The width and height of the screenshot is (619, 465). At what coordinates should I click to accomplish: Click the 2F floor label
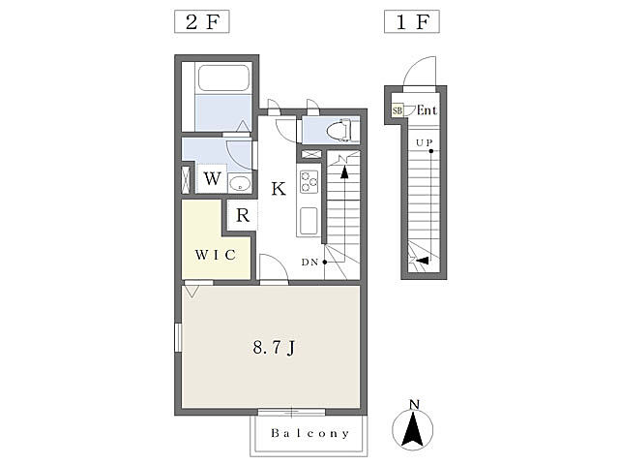(x=202, y=21)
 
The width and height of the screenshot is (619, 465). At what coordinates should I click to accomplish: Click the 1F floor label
(x=412, y=21)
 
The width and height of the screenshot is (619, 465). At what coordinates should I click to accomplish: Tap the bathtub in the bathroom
(x=223, y=77)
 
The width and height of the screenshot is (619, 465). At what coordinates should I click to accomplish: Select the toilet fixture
(x=339, y=130)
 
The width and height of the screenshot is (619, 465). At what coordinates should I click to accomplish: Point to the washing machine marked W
(x=212, y=178)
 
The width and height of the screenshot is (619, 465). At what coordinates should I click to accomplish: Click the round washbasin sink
(x=239, y=183)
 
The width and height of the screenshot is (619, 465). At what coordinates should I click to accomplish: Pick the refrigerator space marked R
(x=243, y=215)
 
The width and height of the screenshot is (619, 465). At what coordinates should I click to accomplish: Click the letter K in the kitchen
(x=279, y=189)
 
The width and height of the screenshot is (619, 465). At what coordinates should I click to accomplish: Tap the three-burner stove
(x=309, y=181)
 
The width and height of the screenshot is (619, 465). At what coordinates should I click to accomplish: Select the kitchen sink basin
(x=309, y=221)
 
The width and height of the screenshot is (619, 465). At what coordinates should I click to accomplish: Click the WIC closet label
(x=216, y=255)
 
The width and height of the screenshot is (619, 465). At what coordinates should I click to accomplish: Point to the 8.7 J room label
(x=274, y=348)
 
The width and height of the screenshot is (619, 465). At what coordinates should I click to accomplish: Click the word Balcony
(x=310, y=433)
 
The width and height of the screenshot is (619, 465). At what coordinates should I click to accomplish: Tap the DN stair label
(x=309, y=262)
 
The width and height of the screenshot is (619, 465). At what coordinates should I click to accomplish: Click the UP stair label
(x=425, y=142)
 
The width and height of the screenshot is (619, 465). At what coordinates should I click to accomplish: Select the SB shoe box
(x=398, y=110)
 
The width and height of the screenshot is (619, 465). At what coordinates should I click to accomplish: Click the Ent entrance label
(x=427, y=109)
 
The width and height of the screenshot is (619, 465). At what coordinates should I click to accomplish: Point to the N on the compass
(x=414, y=405)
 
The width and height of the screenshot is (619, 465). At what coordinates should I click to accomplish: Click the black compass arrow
(x=413, y=429)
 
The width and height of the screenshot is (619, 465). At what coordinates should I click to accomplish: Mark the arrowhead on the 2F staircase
(x=344, y=172)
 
